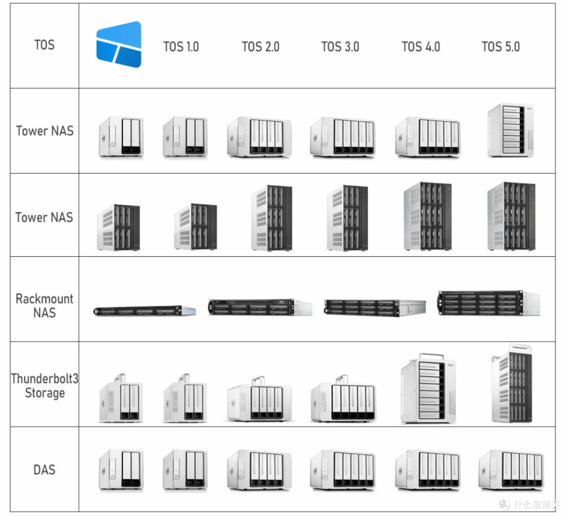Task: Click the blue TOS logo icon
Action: coord(119,44)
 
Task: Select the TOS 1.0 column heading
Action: coord(181,47)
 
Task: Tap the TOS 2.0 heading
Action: coord(261,47)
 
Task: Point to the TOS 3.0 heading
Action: coord(340,47)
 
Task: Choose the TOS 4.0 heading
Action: coord(421,47)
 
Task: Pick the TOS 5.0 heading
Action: coord(501,47)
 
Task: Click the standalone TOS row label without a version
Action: coord(44,45)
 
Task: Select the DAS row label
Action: coord(44,470)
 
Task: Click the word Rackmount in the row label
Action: coord(44,299)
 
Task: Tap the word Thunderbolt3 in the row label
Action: coord(44,379)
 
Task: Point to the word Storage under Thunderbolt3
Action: coord(44,393)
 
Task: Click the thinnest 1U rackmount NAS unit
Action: coord(144,311)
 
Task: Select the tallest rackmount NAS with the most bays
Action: coord(489,303)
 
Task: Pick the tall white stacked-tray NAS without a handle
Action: coord(511,130)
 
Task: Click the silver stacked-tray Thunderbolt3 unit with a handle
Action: coord(428,388)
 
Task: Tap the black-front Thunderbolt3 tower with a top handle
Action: coord(512,383)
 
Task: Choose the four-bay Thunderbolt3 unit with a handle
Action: coord(259,398)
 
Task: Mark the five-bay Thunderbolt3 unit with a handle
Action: coord(343,398)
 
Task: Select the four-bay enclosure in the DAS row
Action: coord(259,469)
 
